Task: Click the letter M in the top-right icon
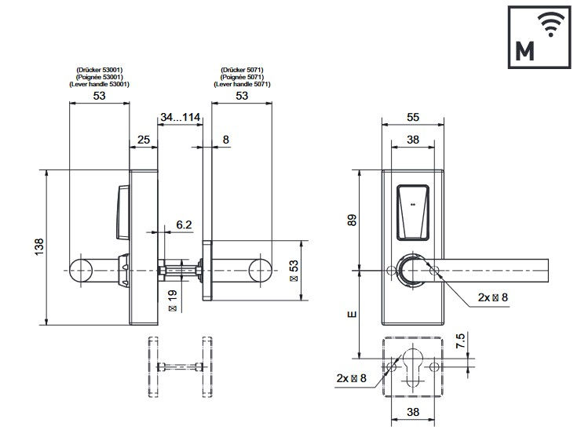(x=524, y=51)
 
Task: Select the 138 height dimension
(x=39, y=246)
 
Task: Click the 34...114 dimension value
(x=180, y=118)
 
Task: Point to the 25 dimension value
(x=144, y=140)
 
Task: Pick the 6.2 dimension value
(x=184, y=224)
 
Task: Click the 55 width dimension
(x=413, y=118)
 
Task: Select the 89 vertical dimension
(x=352, y=220)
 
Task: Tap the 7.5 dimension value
(x=460, y=341)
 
